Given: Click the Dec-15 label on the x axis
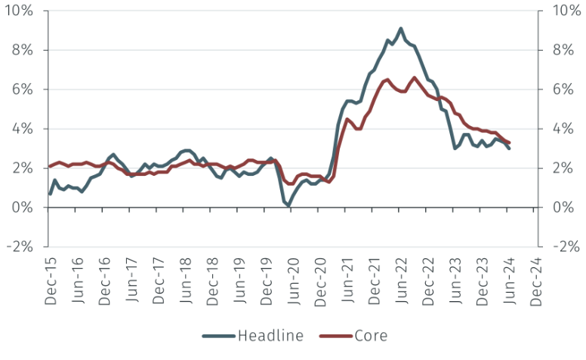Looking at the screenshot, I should (51, 279).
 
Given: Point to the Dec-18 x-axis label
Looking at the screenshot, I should (214, 279).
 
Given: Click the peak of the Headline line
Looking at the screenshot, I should (401, 29).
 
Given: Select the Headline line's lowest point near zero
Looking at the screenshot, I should (288, 205).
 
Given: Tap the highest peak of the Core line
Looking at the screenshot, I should (415, 78).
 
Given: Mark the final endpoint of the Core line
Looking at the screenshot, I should (509, 143).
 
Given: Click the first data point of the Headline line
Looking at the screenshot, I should (51, 194).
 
